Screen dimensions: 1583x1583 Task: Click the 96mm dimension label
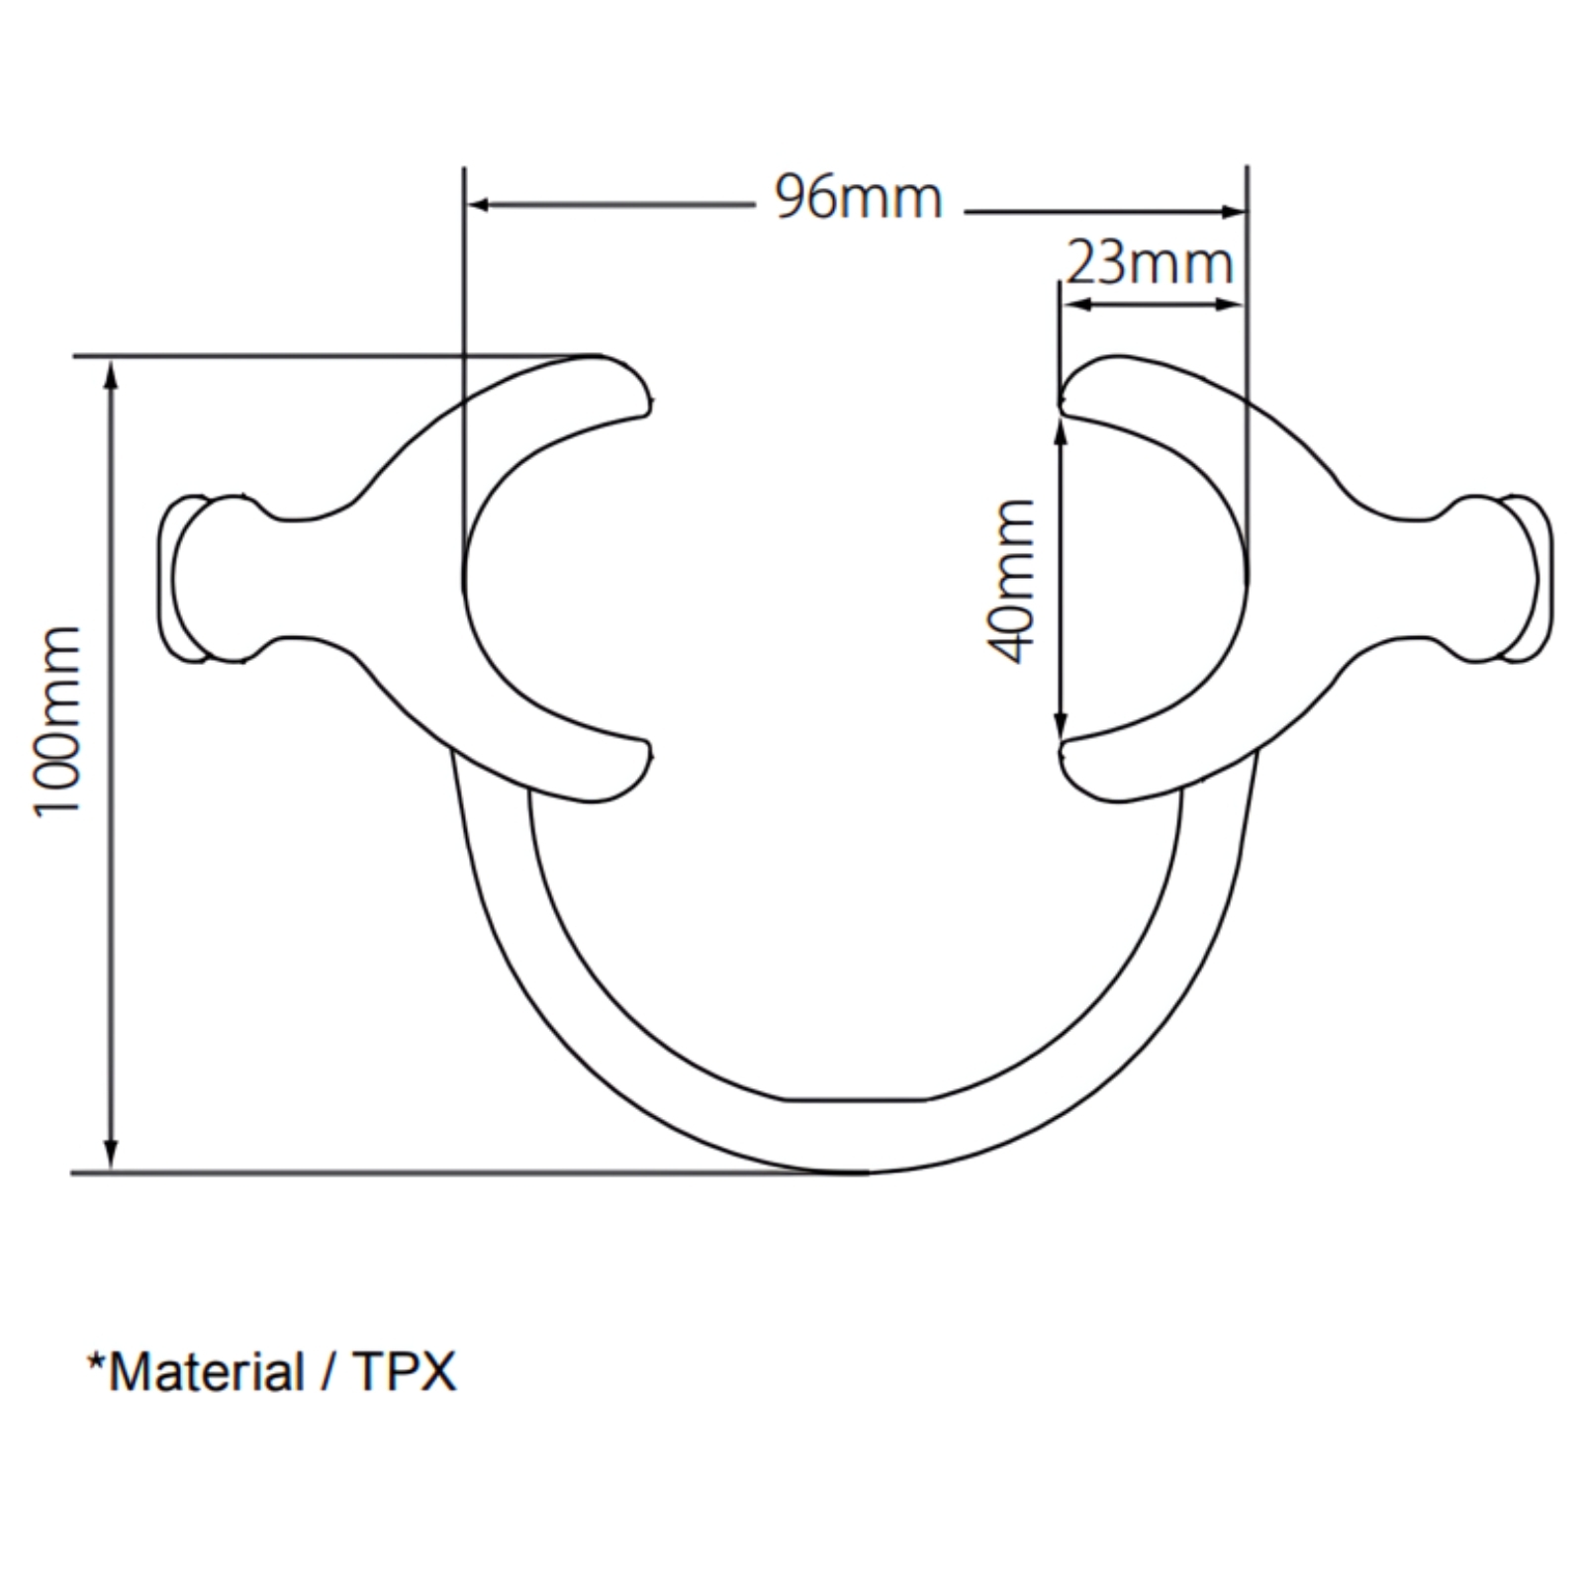tap(858, 198)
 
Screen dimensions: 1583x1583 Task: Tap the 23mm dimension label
tap(1150, 264)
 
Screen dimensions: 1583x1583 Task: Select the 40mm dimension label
tap(1011, 581)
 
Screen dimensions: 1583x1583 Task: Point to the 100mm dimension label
tap(56, 720)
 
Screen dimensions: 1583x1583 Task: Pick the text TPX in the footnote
tap(405, 1372)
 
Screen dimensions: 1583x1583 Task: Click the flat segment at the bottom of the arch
tap(857, 1099)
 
